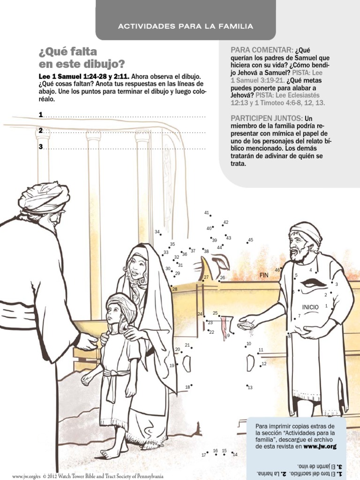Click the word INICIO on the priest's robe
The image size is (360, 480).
[x=310, y=307]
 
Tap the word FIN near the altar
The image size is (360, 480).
[x=264, y=276]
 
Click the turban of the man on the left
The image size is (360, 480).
[x=45, y=197]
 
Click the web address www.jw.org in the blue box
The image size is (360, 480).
[x=320, y=447]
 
